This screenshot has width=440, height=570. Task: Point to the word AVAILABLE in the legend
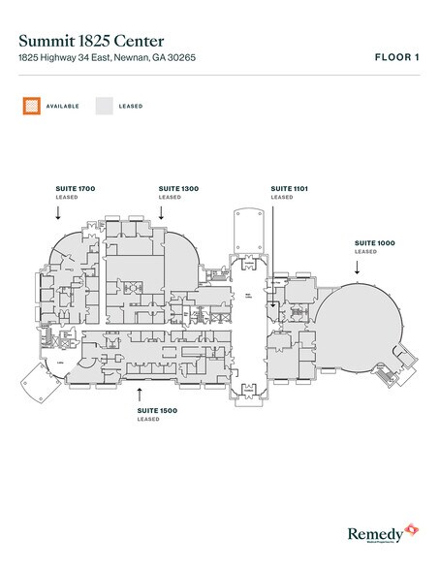point(61,105)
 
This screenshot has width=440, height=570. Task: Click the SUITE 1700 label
point(74,186)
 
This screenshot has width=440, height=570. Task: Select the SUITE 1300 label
point(177,186)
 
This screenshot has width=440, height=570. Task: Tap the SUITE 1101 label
point(289,186)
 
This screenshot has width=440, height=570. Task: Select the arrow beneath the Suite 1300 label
point(162,211)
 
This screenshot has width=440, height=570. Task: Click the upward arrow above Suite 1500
point(141,391)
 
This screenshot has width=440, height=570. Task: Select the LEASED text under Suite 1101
point(281,197)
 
